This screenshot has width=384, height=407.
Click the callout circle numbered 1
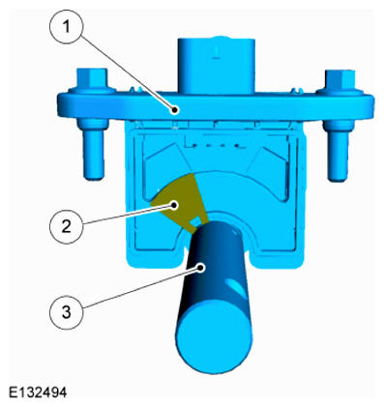(67, 27)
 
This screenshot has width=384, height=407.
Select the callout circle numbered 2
(67, 227)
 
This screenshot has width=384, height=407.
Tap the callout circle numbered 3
(67, 312)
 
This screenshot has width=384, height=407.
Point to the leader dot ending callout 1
(175, 110)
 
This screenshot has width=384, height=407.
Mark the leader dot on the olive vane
(175, 205)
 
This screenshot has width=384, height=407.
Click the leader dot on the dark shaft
(201, 268)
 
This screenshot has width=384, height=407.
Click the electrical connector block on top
(217, 66)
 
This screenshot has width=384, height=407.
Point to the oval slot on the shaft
(236, 287)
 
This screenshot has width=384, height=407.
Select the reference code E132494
(38, 392)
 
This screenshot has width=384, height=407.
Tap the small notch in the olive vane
(194, 221)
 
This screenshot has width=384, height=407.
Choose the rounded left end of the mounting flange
(65, 104)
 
